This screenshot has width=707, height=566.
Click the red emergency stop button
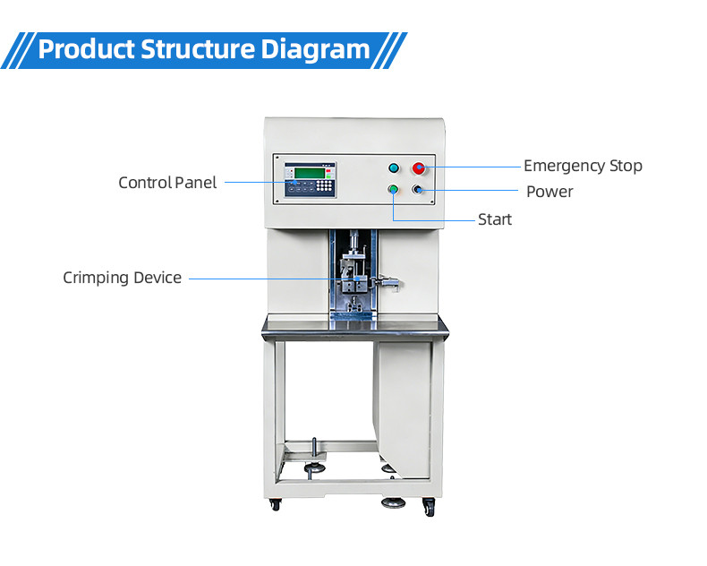point(418,167)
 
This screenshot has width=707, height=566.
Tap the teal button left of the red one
point(392,167)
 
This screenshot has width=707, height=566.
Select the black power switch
point(418,190)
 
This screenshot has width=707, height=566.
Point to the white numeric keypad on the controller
point(307,189)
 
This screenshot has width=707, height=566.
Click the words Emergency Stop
point(583,166)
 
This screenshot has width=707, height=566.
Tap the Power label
point(549,192)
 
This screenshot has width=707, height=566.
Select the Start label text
point(495,219)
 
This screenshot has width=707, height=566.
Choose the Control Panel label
point(167,183)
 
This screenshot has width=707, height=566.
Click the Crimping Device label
point(122,278)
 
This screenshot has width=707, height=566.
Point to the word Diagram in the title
point(316,48)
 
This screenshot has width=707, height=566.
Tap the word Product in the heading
point(86,48)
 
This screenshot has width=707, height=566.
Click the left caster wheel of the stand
point(275,505)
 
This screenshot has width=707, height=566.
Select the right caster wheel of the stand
point(430,508)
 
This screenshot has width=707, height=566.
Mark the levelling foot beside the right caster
point(395,501)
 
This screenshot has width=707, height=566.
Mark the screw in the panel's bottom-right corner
point(433,201)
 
